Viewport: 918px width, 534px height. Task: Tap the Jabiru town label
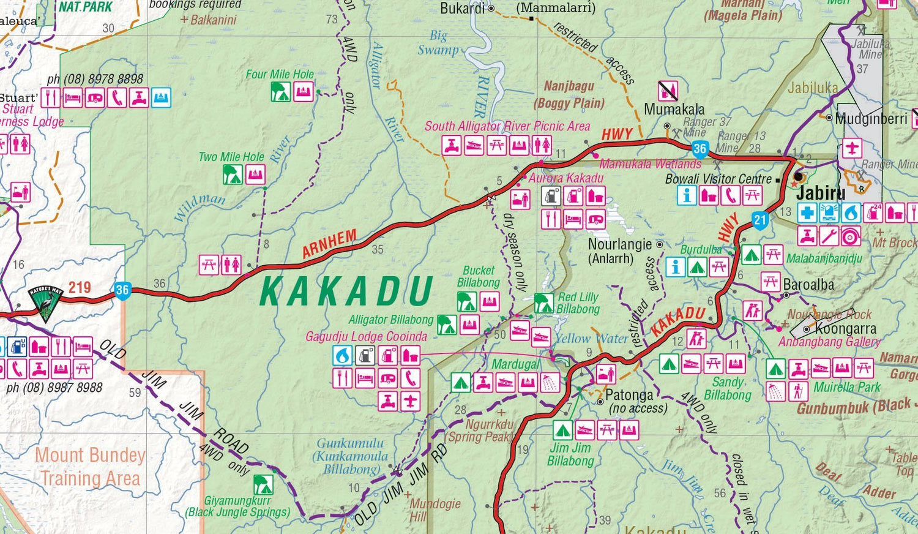(x=821, y=194)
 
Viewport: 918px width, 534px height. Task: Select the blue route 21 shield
(x=759, y=220)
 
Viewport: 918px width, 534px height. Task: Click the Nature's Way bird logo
(x=47, y=303)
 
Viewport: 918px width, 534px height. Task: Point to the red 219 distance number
(x=80, y=287)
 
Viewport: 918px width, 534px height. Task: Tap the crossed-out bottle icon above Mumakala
(x=668, y=91)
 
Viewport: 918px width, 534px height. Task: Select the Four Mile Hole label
(x=280, y=74)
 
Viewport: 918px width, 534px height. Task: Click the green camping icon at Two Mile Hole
(x=232, y=175)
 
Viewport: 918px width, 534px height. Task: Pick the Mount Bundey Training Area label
(x=90, y=467)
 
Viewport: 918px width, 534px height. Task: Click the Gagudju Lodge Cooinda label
(x=366, y=337)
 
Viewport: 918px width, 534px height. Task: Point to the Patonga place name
(x=629, y=395)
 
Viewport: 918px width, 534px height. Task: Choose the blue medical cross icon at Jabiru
(x=807, y=213)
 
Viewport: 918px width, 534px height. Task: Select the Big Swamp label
(x=438, y=43)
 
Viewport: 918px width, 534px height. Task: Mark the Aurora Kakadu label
(x=566, y=178)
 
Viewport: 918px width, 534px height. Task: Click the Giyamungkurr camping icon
(x=263, y=484)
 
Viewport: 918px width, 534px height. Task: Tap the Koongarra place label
(x=845, y=329)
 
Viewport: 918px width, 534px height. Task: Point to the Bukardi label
(x=462, y=9)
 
